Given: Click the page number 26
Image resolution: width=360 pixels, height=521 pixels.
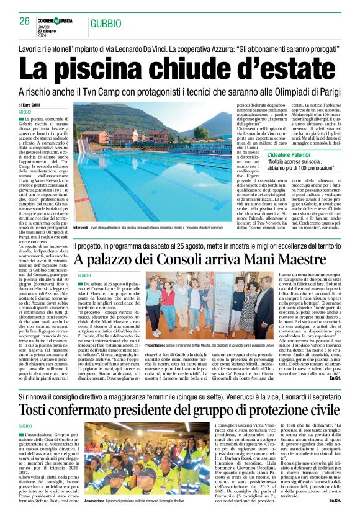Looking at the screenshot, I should tap(25, 21).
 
